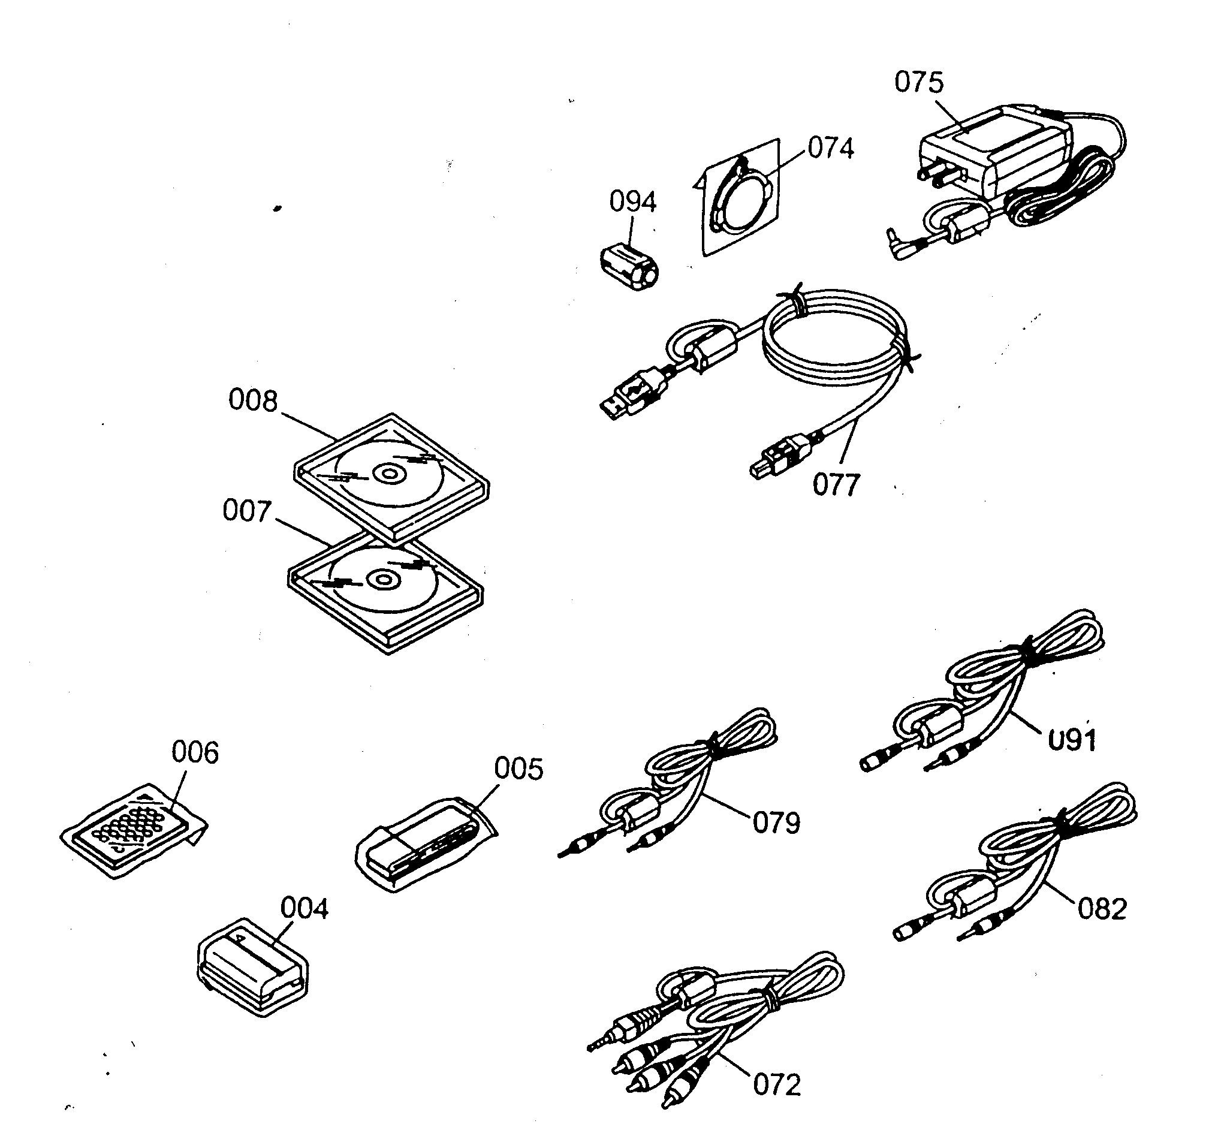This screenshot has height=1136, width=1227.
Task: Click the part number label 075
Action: (918, 82)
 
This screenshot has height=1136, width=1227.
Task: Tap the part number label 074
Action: (831, 148)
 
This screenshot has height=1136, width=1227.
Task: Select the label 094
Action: (632, 201)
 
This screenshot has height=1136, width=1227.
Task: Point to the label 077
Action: (836, 485)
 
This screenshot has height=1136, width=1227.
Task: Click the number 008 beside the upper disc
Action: (253, 401)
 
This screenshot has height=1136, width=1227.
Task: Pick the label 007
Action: (246, 511)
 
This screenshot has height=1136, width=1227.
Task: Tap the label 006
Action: (195, 752)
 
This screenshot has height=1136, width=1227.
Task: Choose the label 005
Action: (519, 769)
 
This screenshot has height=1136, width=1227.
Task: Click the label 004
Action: (305, 909)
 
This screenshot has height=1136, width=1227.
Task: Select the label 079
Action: (776, 823)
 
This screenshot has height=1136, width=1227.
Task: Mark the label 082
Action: (1102, 909)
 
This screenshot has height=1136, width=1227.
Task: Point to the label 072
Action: (777, 1086)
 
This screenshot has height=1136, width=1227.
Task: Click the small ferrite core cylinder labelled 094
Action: (629, 267)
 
